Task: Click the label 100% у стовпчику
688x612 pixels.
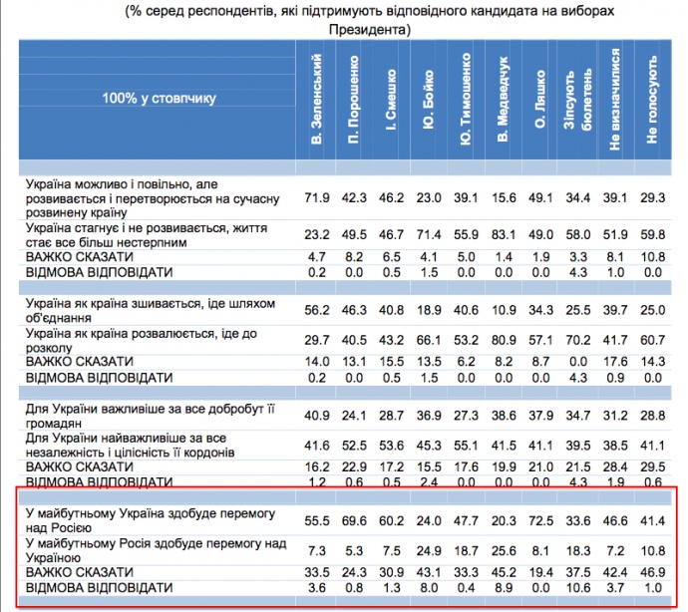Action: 159,98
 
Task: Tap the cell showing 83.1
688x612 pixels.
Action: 504,235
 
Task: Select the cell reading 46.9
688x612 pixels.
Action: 652,572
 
